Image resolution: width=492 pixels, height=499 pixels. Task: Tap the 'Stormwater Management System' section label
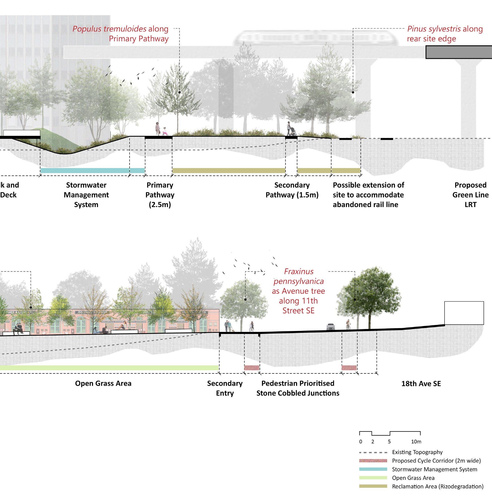pyautogui.click(x=86, y=195)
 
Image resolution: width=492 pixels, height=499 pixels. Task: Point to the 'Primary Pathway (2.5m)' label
pyautogui.click(x=160, y=195)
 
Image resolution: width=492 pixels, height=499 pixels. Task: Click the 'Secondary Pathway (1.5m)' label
pyautogui.click(x=292, y=190)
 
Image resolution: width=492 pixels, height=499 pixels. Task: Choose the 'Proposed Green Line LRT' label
pyautogui.click(x=470, y=195)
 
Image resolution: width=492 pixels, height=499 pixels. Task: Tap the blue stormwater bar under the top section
pyautogui.click(x=92, y=171)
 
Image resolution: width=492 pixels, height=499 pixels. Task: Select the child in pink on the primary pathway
pyautogui.click(x=164, y=131)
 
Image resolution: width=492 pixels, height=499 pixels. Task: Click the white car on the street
pyautogui.click(x=331, y=327)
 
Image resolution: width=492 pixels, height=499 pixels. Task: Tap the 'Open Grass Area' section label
pyautogui.click(x=103, y=383)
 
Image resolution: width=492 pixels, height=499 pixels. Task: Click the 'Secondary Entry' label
pyautogui.click(x=225, y=388)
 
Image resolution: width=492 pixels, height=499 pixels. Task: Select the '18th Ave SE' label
pyautogui.click(x=421, y=384)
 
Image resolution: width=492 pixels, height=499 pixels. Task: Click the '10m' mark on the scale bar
pyautogui.click(x=416, y=441)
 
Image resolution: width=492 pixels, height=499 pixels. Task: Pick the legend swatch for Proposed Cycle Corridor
pyautogui.click(x=373, y=461)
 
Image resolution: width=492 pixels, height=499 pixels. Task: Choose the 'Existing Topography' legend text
pyautogui.click(x=417, y=452)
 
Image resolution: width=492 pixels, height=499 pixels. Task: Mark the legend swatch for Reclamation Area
pyautogui.click(x=373, y=486)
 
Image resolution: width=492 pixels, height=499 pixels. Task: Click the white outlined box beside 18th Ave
pyautogui.click(x=464, y=313)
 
